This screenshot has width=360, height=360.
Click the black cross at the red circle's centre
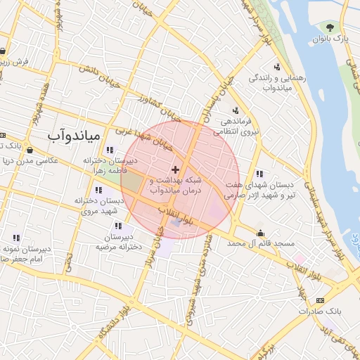click(x=175, y=169)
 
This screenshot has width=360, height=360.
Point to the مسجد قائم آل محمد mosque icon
click(x=261, y=233)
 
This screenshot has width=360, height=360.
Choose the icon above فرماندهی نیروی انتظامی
click(x=235, y=110)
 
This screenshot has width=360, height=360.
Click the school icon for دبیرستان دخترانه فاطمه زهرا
click(x=109, y=150)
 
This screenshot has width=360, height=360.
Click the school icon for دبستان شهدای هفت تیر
click(x=259, y=174)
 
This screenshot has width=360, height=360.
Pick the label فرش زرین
click(x=15, y=62)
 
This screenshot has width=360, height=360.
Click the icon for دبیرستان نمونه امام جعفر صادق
click(x=16, y=238)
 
